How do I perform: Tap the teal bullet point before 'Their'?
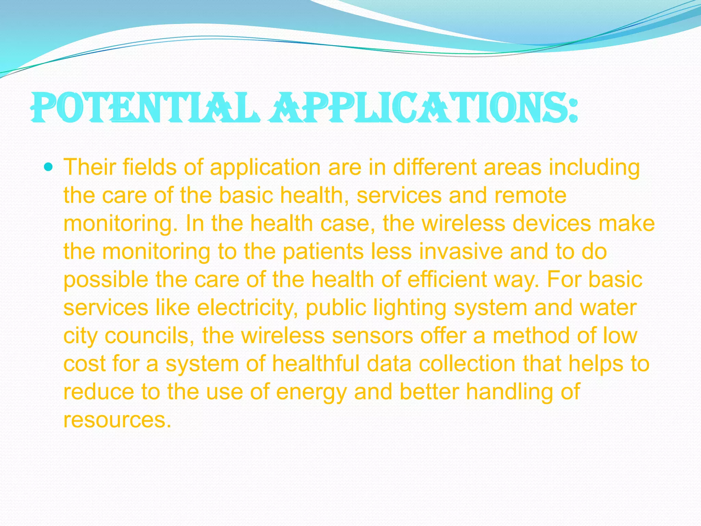(x=49, y=167)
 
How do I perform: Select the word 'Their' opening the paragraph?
(x=89, y=167)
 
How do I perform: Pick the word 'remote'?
(x=530, y=196)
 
